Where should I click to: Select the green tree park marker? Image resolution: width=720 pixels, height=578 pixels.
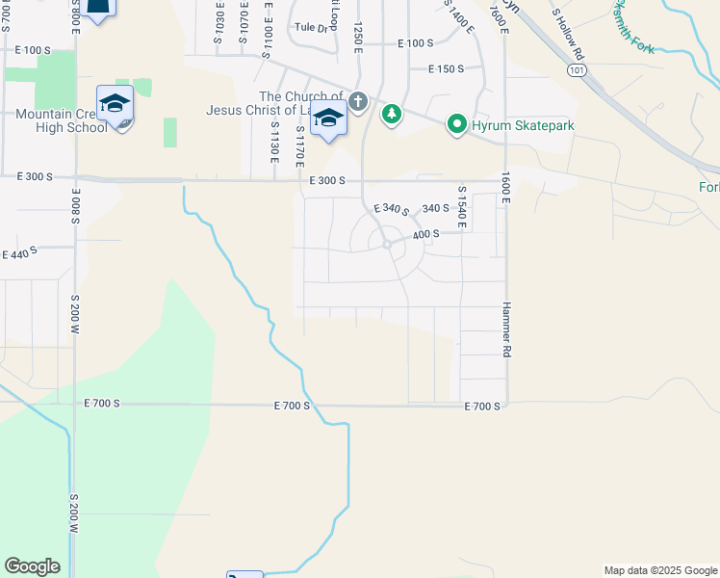pos(391,116)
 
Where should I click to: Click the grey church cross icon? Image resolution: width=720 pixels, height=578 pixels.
pos(358,100)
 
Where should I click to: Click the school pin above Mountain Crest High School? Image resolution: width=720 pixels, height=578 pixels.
pos(115,105)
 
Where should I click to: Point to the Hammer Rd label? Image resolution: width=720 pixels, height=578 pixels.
pos(503,329)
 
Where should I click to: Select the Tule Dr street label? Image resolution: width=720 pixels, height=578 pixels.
pos(312,28)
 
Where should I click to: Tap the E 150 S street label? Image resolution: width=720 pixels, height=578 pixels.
pos(446,68)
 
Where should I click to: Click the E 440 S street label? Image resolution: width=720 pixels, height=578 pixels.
pos(19,254)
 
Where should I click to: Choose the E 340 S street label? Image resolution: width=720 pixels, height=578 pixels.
pos(391,211)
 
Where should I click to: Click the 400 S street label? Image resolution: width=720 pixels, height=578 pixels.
pos(425,234)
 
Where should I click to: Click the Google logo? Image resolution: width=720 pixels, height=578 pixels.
pos(32,566)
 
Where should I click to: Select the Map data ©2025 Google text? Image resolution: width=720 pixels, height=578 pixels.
pos(659,570)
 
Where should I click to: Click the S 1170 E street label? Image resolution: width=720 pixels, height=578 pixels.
pos(300,144)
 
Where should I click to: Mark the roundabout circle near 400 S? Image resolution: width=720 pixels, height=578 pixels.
pos(387,245)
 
